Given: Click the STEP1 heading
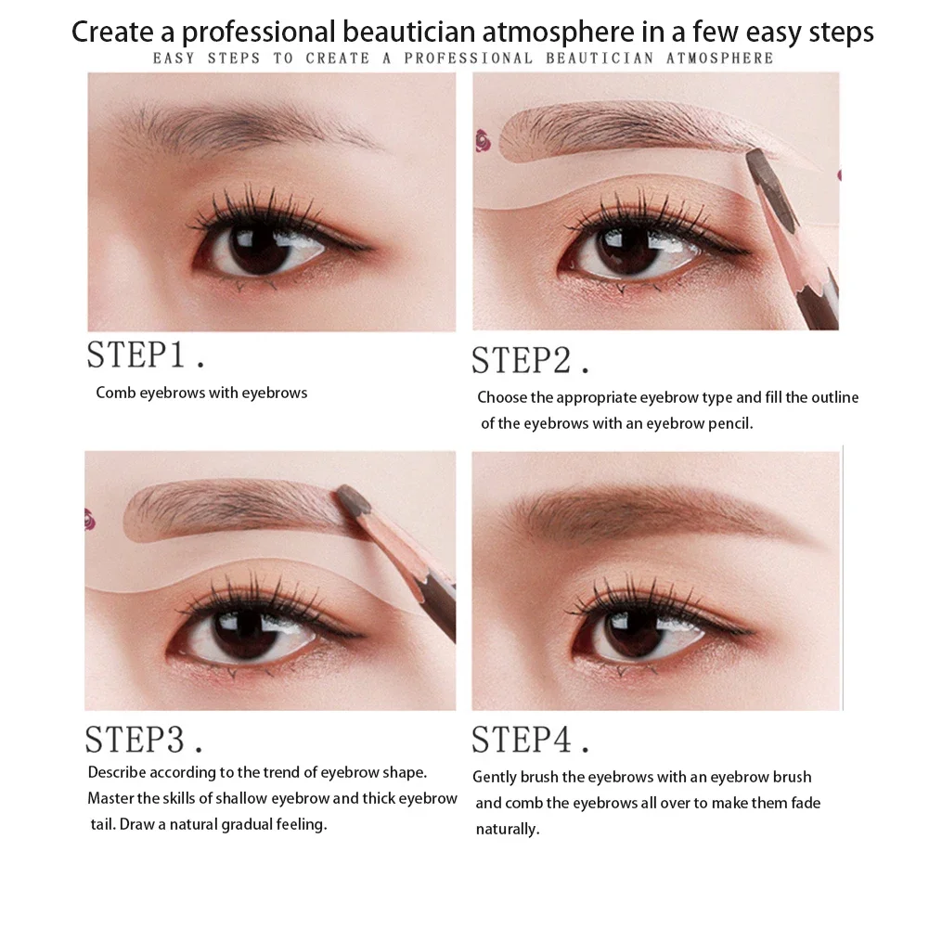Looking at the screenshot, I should tap(146, 355).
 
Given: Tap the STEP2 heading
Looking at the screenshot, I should tap(530, 360).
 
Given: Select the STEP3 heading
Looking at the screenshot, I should tap(144, 740).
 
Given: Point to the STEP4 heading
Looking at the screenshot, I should tap(530, 740).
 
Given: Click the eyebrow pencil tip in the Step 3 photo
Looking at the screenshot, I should tap(350, 497).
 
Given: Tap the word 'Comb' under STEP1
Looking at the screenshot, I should tap(115, 393).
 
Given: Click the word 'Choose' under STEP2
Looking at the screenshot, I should tap(503, 397).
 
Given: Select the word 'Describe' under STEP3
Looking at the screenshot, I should tap(117, 772).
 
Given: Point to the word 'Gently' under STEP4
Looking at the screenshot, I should tap(496, 777).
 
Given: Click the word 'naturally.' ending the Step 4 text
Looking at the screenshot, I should tap(507, 829).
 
